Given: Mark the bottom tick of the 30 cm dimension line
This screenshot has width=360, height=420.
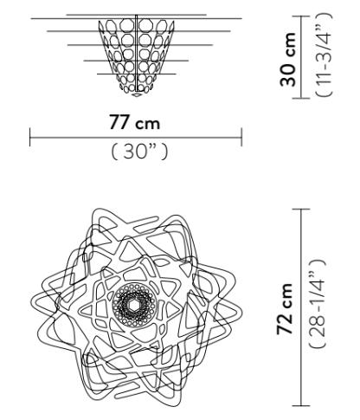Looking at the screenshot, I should (x=317, y=98).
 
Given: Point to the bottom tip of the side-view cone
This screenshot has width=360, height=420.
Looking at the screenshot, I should (x=136, y=93).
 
